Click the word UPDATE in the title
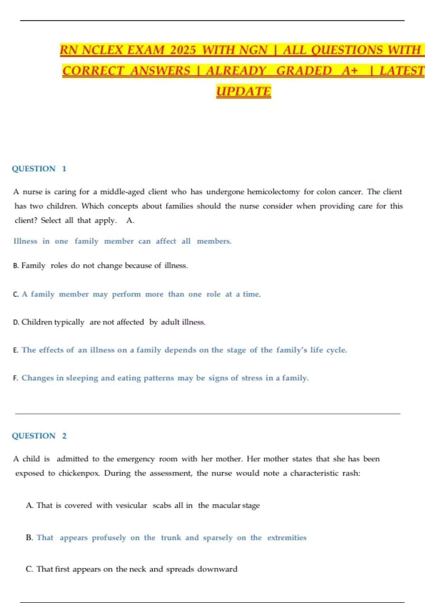pos(243,92)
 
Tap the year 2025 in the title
pos(183,50)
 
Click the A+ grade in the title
pos(350,71)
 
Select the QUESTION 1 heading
pos(39,169)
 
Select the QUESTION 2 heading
pos(39,436)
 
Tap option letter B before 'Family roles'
pos(16,266)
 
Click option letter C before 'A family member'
pos(16,294)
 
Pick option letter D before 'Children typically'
pos(16,322)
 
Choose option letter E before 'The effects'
pos(16,350)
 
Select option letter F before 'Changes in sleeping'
pos(16,378)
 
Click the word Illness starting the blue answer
pos(25,241)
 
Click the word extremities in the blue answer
pos(287,538)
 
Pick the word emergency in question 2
pos(136,459)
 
